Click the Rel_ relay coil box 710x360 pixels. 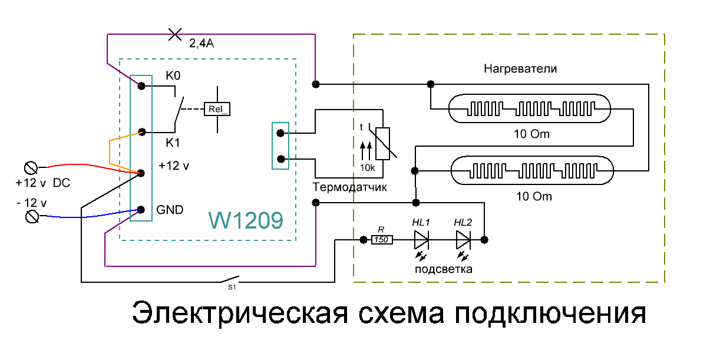pos(217,109)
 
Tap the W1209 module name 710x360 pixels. pos(246,220)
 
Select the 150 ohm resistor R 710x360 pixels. pos(382,240)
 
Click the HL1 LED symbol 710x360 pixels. pos(421,240)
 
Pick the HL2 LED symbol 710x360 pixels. pos(463,240)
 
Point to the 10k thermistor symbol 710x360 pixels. pos(382,144)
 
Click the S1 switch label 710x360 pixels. pos(232,287)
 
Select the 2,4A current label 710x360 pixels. pos(202,44)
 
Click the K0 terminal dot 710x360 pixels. pos(141,86)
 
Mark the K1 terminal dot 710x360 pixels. pos(142,132)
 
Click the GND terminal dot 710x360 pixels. pos(141,210)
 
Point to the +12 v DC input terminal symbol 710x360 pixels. pos(31,168)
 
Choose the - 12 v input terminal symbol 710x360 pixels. pos(32,217)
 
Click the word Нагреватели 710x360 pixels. pos(520,69)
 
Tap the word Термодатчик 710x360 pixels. pos(349,187)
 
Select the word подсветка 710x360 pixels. pos(444,269)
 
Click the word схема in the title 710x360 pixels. pos(401,313)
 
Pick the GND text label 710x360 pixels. pos(170,210)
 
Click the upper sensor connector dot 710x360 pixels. pos(280,133)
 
